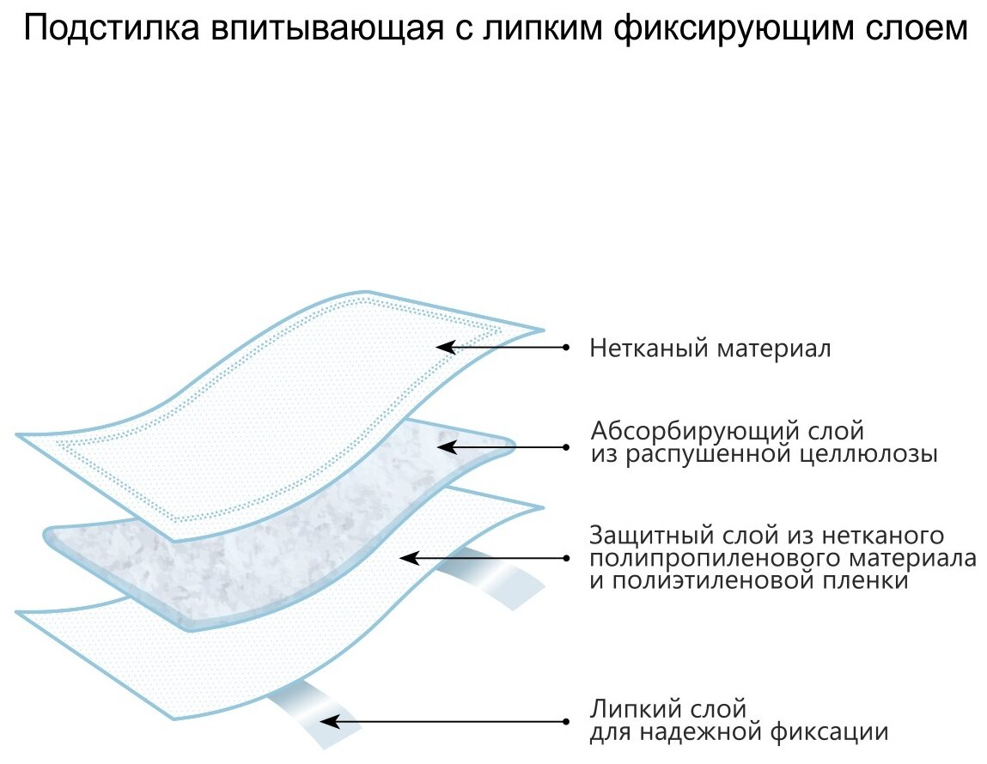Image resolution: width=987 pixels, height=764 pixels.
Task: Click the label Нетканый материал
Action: [710, 349]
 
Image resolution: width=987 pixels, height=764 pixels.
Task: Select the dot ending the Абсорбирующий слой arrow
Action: [566, 446]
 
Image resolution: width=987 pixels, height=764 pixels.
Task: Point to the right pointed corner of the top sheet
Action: [542, 329]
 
